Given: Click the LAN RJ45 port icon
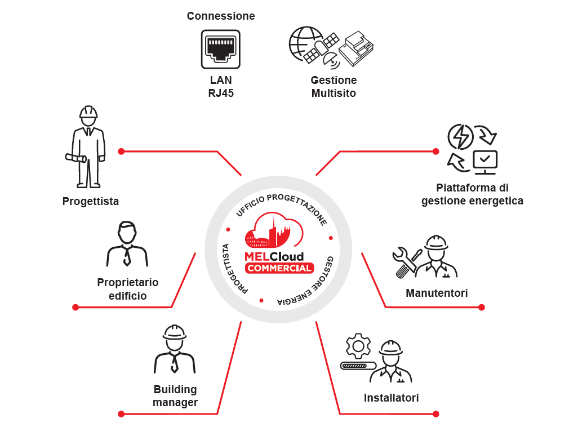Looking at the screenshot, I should (x=220, y=50).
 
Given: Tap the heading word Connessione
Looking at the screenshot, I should (x=221, y=16).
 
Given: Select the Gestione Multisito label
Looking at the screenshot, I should (x=334, y=87).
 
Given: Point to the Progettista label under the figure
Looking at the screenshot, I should (x=91, y=201).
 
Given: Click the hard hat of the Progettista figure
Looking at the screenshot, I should (x=88, y=112).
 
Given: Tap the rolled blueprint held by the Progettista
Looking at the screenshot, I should (x=75, y=158).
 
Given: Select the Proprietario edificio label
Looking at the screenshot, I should (x=128, y=289).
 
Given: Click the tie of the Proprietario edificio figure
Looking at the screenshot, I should (x=127, y=256).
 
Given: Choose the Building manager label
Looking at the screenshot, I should (x=175, y=396).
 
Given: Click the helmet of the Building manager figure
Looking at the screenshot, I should (x=175, y=332).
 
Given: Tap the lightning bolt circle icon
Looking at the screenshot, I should (x=460, y=137).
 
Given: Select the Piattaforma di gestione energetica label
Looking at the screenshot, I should (x=472, y=194).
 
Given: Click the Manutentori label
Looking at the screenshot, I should (x=437, y=293).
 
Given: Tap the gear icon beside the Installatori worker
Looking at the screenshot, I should (x=358, y=346).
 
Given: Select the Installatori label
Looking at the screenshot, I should (x=391, y=398).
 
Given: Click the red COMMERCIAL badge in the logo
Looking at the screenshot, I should (x=279, y=268).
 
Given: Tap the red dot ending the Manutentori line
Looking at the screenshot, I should (x=482, y=307).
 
